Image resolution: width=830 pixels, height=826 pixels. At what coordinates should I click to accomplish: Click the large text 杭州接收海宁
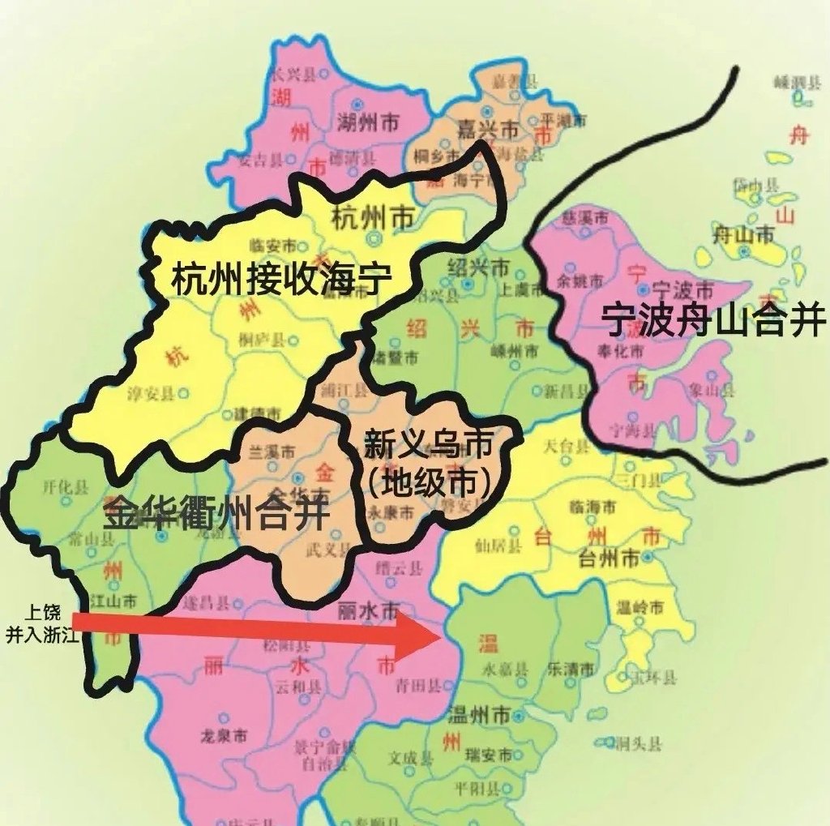(x=281, y=280)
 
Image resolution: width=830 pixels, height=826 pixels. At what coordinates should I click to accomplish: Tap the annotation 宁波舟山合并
(x=714, y=320)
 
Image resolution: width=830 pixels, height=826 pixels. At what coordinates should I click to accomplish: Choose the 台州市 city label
(x=607, y=558)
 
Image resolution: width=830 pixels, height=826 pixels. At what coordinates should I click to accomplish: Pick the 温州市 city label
(x=480, y=717)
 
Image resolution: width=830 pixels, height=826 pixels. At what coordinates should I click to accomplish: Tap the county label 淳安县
(x=152, y=394)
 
